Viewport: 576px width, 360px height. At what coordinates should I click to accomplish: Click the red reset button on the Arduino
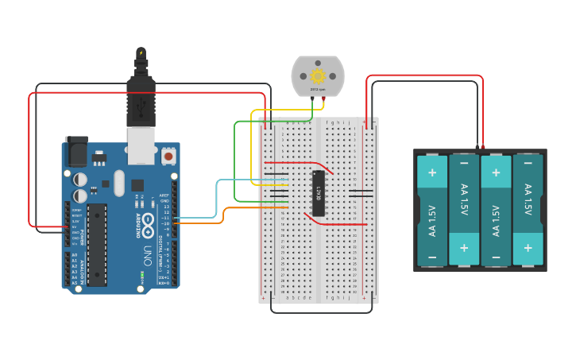pyautogui.click(x=168, y=157)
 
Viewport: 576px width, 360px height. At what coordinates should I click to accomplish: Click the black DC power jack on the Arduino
pyautogui.click(x=76, y=151)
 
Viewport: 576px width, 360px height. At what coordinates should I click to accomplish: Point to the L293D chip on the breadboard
pyautogui.click(x=318, y=193)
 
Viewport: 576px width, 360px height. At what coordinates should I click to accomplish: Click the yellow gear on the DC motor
pyautogui.click(x=318, y=76)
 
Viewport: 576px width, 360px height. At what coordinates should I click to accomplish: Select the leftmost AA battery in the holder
pyautogui.click(x=432, y=211)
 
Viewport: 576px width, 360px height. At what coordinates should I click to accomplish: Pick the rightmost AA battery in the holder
pyautogui.click(x=528, y=211)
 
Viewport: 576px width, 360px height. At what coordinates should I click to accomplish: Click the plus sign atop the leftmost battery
pyautogui.click(x=432, y=172)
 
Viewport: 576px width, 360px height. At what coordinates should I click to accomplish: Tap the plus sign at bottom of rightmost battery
pyautogui.click(x=528, y=249)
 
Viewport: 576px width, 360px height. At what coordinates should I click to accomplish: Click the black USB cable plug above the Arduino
pyautogui.click(x=141, y=87)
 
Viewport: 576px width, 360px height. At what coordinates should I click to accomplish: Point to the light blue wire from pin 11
pyautogui.click(x=216, y=199)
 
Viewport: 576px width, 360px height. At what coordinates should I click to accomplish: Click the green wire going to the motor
pyautogui.click(x=234, y=159)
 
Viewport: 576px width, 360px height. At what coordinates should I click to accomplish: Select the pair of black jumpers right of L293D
pyautogui.click(x=361, y=193)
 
